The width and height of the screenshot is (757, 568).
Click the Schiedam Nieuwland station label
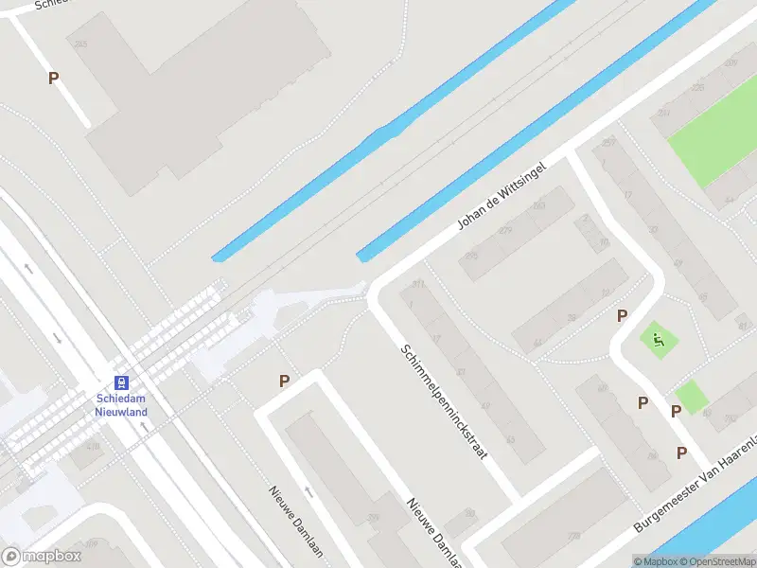(x=121, y=405)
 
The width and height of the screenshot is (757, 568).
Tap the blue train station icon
(x=121, y=383)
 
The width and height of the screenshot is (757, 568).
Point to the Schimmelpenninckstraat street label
(x=443, y=402)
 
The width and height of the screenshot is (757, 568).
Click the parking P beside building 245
(x=54, y=79)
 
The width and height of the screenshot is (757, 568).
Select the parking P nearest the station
(x=284, y=381)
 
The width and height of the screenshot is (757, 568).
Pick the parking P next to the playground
(x=623, y=315)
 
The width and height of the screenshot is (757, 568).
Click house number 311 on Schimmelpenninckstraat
(x=418, y=285)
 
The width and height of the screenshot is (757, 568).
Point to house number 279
(x=505, y=230)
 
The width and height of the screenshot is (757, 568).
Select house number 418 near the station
(x=93, y=445)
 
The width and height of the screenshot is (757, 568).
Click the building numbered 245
(x=79, y=44)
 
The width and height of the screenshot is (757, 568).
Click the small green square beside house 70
(x=692, y=397)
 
